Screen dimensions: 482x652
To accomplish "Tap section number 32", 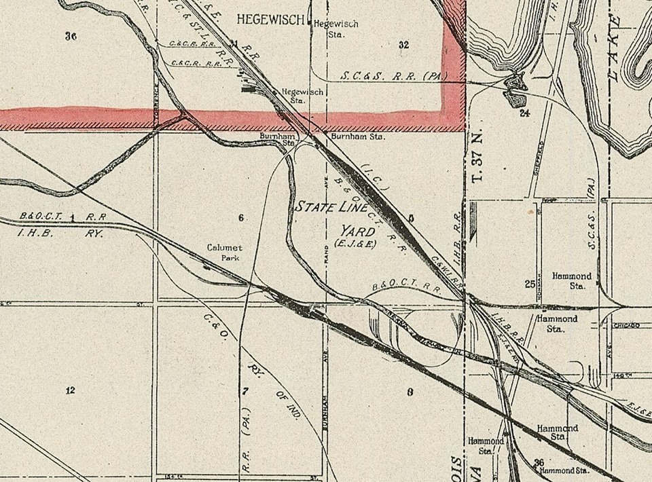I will point(404,45).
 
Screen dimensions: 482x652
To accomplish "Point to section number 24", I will point(524,113).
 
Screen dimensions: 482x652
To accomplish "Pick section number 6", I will point(240,217).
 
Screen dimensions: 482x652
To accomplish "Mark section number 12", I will point(69,390).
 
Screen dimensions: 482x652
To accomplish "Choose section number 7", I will point(246,390).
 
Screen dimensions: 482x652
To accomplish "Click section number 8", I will point(410,392).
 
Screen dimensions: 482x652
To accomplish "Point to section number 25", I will point(530,284).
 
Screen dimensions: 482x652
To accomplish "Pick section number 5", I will point(410,218).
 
